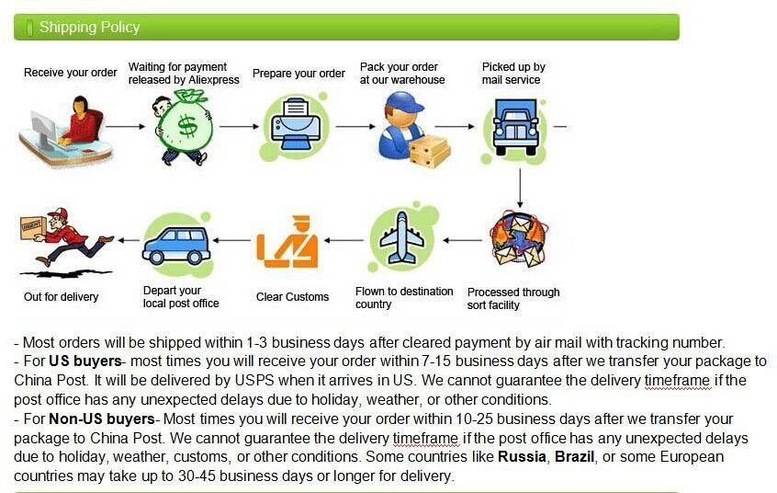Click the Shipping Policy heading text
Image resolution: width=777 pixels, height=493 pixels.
(x=89, y=27)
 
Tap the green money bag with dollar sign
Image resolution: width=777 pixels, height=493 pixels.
(x=184, y=128)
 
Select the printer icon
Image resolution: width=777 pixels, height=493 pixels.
(x=296, y=124)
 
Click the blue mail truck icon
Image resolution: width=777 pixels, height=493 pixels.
(x=515, y=128)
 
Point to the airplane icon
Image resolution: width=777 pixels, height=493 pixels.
(x=402, y=238)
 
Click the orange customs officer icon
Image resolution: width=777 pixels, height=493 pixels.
(x=287, y=242)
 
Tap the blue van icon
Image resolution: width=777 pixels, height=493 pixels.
(x=176, y=246)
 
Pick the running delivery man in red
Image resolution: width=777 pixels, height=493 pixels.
(x=67, y=236)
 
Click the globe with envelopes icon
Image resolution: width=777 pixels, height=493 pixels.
(x=518, y=239)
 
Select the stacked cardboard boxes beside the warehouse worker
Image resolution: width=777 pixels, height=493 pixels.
(x=430, y=152)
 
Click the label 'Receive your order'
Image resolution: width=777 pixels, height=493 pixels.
(x=71, y=73)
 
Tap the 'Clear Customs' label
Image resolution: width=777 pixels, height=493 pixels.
(x=292, y=297)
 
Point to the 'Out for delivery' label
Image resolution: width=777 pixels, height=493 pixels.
(x=61, y=297)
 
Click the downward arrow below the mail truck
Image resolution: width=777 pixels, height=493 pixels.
(x=520, y=189)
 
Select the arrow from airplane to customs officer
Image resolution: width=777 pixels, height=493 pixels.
(x=343, y=241)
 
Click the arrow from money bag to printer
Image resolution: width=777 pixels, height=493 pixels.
(x=240, y=127)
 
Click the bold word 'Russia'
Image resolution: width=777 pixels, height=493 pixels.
(x=522, y=457)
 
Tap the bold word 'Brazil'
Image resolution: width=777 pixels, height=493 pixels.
(x=574, y=457)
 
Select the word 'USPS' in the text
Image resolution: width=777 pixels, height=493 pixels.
(x=254, y=380)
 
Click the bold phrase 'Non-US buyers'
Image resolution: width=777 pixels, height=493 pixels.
(x=102, y=419)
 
